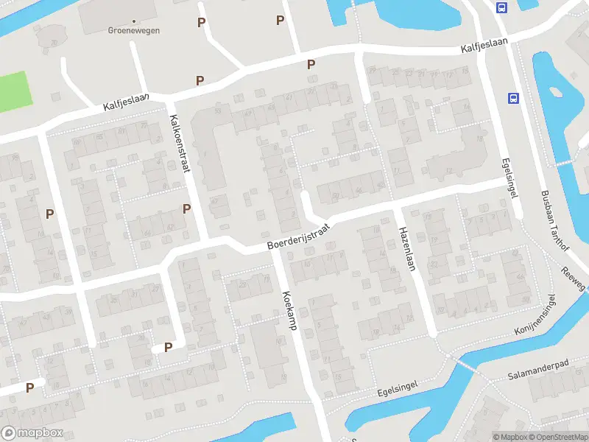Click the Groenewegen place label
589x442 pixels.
(134, 31)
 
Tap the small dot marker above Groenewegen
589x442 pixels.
(134, 21)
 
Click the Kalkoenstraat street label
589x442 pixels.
(180, 144)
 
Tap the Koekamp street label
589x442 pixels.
(288, 309)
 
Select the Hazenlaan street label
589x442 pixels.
(407, 249)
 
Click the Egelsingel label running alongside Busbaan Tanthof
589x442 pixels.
(509, 177)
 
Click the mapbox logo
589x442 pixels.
(31, 432)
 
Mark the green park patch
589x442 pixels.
(15, 91)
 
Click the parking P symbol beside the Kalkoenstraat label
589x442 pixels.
(187, 208)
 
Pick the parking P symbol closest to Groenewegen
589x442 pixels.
(201, 23)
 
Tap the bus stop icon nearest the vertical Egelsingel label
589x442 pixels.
(513, 98)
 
